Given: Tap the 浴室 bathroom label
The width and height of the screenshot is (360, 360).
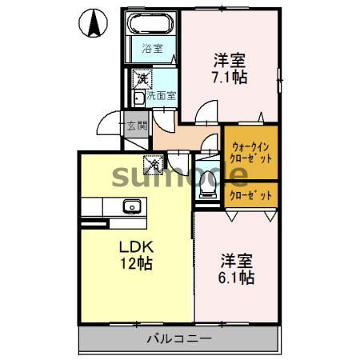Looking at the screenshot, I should click(x=151, y=47).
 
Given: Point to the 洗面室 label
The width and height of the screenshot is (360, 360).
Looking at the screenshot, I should click(x=161, y=96).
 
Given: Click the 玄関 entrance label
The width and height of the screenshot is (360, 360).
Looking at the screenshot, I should click(x=136, y=126).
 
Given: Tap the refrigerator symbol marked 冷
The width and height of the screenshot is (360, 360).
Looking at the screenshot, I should click(x=151, y=165).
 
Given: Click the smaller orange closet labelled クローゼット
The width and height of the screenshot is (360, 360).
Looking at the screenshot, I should click(x=251, y=194).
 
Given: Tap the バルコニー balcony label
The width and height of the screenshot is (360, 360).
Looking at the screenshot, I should click(x=178, y=339).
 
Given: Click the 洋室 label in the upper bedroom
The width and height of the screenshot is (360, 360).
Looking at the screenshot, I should click(x=228, y=59).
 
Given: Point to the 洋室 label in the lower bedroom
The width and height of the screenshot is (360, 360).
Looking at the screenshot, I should click(x=237, y=260).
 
